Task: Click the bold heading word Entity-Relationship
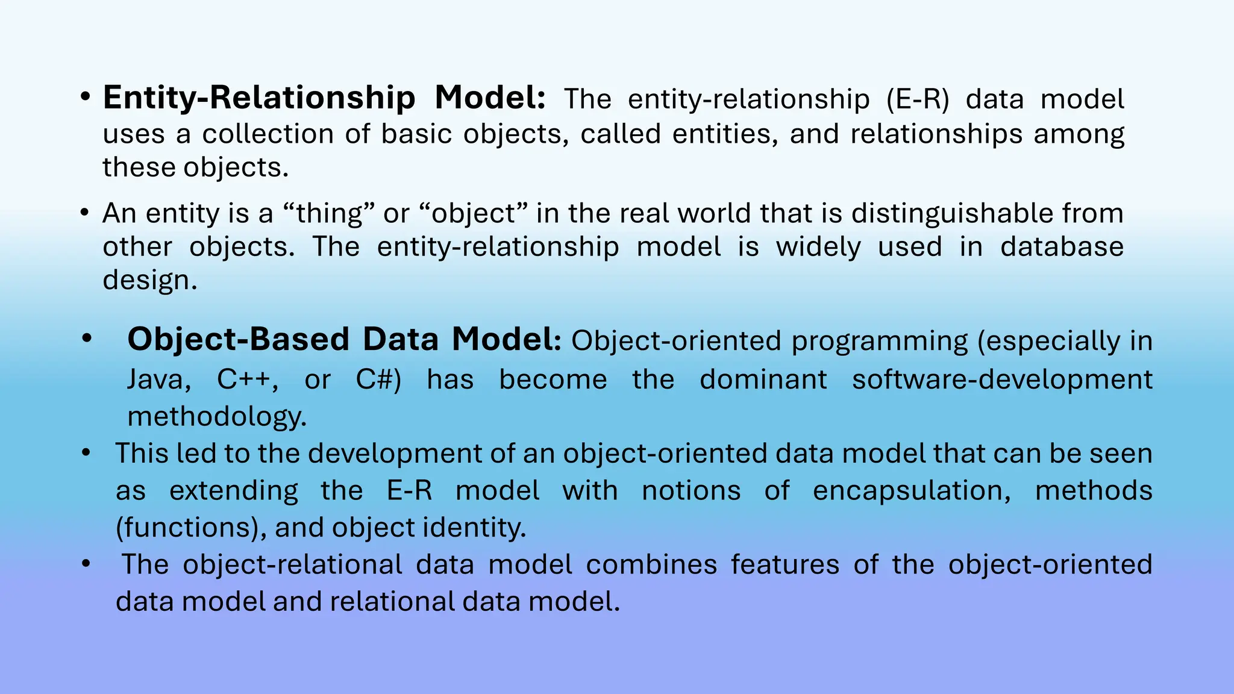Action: click(259, 98)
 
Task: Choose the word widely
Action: click(818, 247)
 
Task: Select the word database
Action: click(1062, 247)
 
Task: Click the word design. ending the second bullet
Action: click(150, 280)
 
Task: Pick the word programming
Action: click(880, 341)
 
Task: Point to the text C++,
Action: click(248, 380)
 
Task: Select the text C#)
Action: click(378, 380)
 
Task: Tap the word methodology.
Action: click(217, 416)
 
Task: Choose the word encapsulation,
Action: click(912, 490)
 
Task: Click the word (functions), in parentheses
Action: click(191, 528)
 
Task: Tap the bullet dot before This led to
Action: click(86, 453)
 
